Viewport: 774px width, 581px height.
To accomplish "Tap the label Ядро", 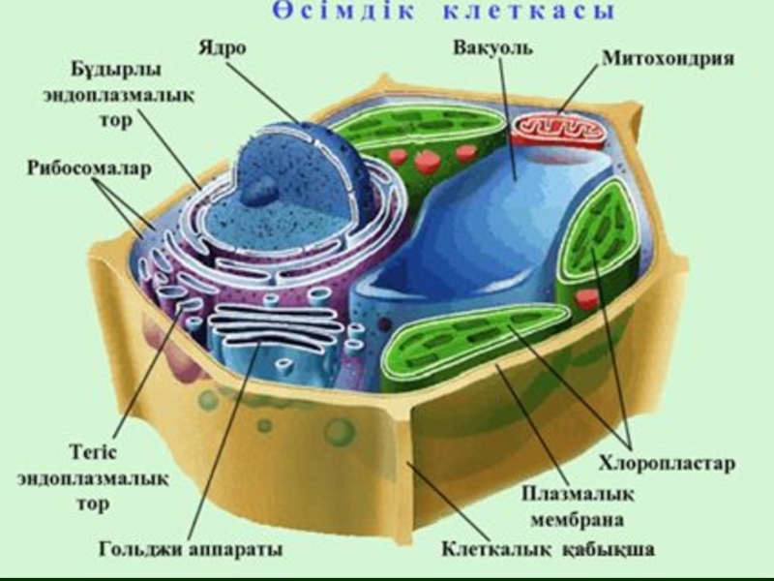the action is click(222, 46).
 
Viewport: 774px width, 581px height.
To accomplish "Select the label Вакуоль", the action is click(491, 46).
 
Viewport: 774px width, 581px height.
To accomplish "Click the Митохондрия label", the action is click(668, 58).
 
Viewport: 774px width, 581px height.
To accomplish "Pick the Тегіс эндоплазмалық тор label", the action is click(104, 479).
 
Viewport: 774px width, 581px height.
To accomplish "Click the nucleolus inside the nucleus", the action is click(260, 192).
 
